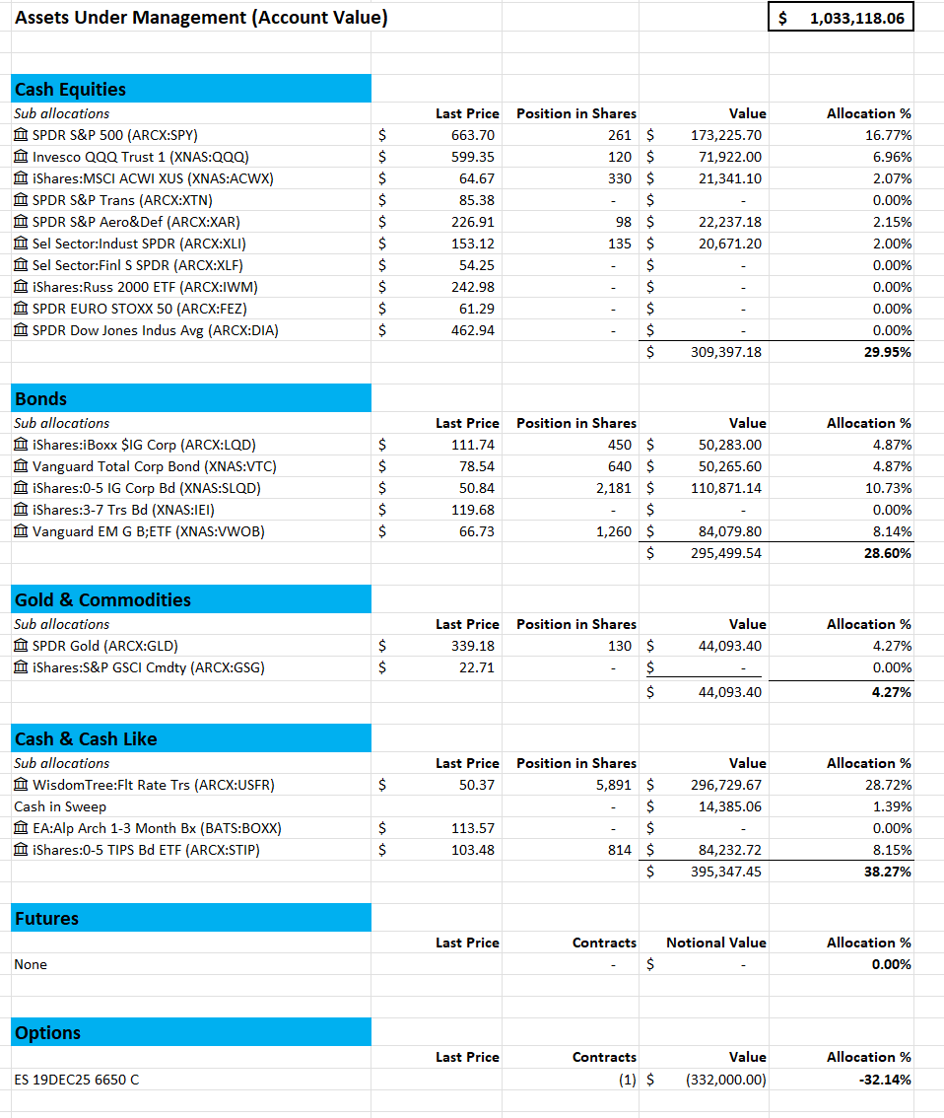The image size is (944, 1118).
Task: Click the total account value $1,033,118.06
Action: pos(855,18)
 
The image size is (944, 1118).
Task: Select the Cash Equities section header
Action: pos(70,89)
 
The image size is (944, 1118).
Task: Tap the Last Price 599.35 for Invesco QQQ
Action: pos(473,157)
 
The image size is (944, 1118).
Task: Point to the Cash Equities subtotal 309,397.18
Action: pos(725,352)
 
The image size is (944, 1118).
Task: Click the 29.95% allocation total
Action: pos(885,352)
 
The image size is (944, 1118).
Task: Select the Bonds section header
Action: pos(41,398)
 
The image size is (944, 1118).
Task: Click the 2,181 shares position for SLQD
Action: pos(613,488)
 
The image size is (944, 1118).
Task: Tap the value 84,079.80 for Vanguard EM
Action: pos(727,531)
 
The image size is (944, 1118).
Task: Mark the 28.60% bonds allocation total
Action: pos(885,553)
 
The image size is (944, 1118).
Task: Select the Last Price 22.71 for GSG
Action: pos(477,667)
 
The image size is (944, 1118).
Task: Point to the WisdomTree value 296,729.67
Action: pos(725,785)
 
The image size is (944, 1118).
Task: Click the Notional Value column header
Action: pos(715,943)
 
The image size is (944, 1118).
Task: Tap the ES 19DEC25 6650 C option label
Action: pos(76,1079)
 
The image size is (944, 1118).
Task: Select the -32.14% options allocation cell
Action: pos(884,1079)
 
